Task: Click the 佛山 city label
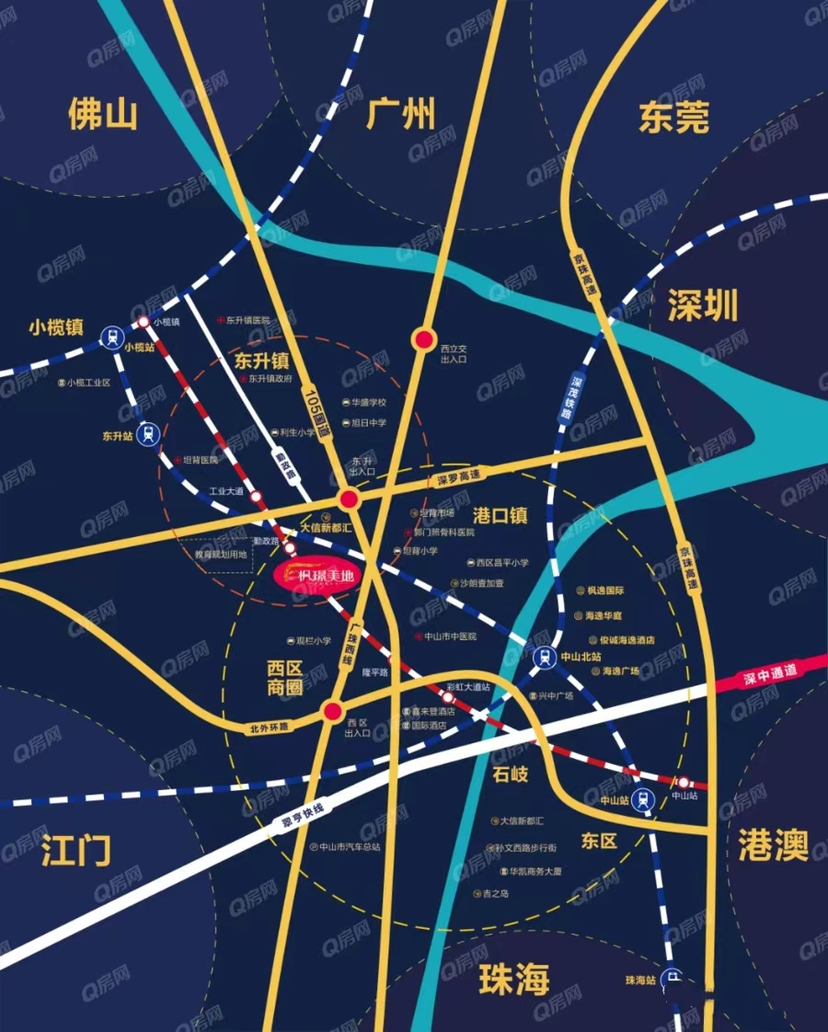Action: pyautogui.click(x=102, y=115)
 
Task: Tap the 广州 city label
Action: pyautogui.click(x=400, y=115)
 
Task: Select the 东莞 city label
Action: pyautogui.click(x=673, y=117)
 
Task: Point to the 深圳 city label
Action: pyautogui.click(x=703, y=307)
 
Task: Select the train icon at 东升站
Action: pyautogui.click(x=147, y=434)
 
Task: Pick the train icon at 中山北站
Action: pyautogui.click(x=543, y=656)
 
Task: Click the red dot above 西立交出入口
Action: pyautogui.click(x=423, y=340)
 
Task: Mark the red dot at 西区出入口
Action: pyautogui.click(x=333, y=711)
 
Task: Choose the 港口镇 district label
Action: pyautogui.click(x=500, y=516)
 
